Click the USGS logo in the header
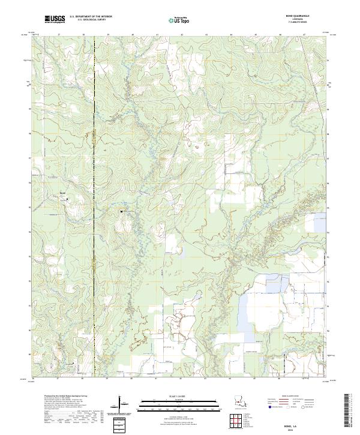(x=55, y=19)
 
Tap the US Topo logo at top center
(x=181, y=20)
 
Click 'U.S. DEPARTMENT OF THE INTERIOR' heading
(x=91, y=17)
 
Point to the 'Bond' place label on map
(x=62, y=192)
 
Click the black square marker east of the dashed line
(x=122, y=211)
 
